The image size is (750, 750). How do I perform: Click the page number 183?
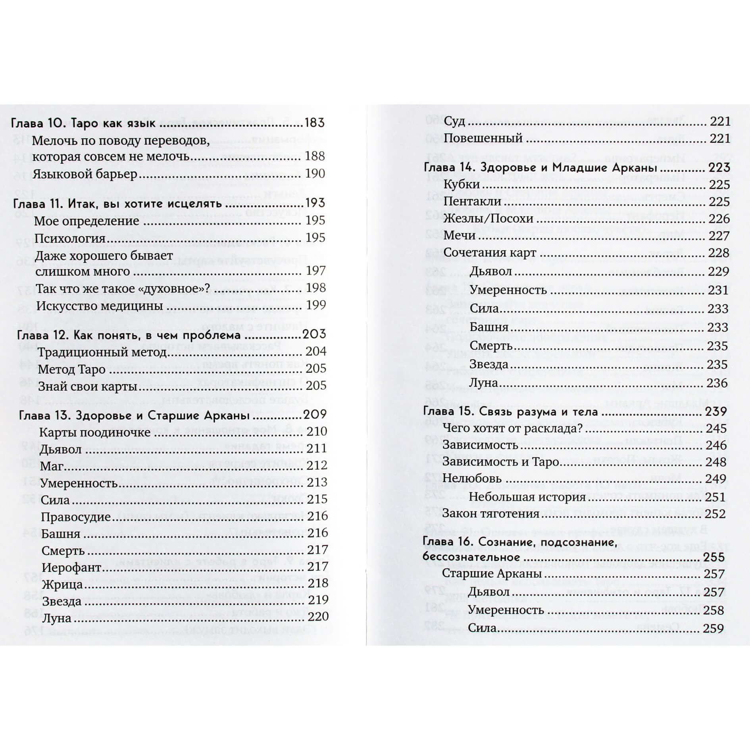(x=314, y=123)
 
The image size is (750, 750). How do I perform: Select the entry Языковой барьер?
(x=85, y=174)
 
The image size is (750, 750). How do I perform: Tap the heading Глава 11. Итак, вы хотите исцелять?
(x=117, y=204)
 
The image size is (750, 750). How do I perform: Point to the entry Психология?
(x=70, y=238)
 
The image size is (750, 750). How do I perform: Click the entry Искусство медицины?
(x=99, y=306)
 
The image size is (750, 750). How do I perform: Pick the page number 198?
(x=316, y=288)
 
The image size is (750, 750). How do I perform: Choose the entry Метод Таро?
(x=72, y=369)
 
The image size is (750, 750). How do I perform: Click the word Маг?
(x=52, y=466)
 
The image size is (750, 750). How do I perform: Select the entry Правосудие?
(x=76, y=517)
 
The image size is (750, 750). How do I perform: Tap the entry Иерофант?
(x=72, y=567)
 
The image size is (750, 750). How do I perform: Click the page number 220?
(x=318, y=616)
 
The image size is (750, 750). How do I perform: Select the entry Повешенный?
(x=483, y=138)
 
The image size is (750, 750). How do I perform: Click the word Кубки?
(x=462, y=185)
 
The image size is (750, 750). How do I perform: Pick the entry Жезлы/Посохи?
(x=488, y=219)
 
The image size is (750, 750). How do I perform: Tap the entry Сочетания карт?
(x=490, y=253)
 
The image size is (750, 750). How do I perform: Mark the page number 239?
(x=716, y=412)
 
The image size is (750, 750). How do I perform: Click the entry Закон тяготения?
(x=491, y=513)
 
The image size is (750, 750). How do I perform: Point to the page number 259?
(x=713, y=629)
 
